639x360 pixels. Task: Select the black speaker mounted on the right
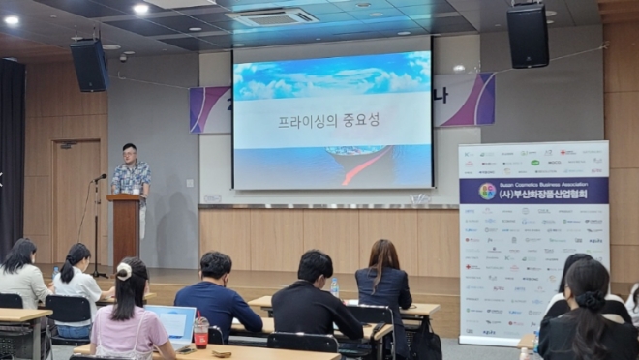tap(528, 36)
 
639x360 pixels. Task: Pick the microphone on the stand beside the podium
tap(100, 177)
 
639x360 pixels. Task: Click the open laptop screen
tap(172, 322)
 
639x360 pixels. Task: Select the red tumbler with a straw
tap(200, 332)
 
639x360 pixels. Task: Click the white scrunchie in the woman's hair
tap(124, 271)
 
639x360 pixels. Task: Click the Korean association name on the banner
tap(543, 191)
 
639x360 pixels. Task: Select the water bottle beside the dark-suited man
tap(334, 287)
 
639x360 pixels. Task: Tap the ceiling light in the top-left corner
tap(12, 20)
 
